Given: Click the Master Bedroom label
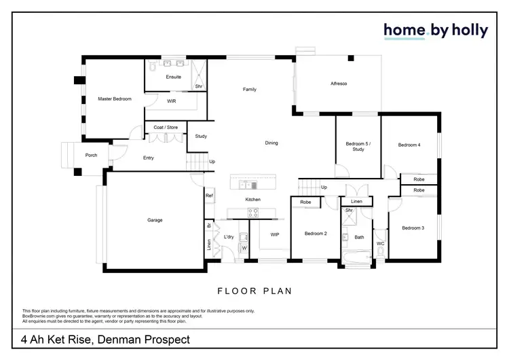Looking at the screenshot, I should tap(114, 99).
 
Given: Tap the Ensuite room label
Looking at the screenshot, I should tap(173, 77).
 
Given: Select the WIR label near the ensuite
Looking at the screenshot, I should tap(172, 101).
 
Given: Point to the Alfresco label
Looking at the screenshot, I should tap(339, 84).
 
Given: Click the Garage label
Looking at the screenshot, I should tap(155, 220).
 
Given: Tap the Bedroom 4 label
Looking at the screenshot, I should tap(409, 145).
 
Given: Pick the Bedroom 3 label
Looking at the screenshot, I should tap(413, 228).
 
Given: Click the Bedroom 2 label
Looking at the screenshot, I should tap(316, 234).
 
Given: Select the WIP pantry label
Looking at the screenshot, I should tap(275, 234).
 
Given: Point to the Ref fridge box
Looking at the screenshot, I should tap(209, 196).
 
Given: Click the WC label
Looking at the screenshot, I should tap(380, 243).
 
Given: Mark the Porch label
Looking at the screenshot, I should tap(91, 156).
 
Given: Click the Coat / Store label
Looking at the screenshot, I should tap(166, 127).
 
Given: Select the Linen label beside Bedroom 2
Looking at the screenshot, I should tap(356, 202).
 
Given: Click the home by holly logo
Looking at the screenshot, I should tap(436, 31).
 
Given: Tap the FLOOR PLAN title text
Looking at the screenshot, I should tap(254, 291).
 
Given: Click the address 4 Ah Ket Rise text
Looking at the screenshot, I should tap(105, 339).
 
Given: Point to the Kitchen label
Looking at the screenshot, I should tap(253, 199).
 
